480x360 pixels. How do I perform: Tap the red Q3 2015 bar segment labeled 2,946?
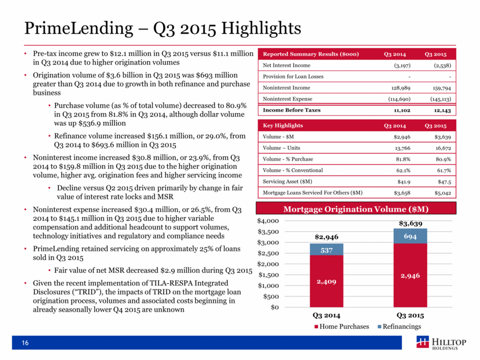[x=410, y=275]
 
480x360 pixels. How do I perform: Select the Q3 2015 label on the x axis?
[x=410, y=316]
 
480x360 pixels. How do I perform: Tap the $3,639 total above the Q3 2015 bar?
[x=410, y=223]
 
